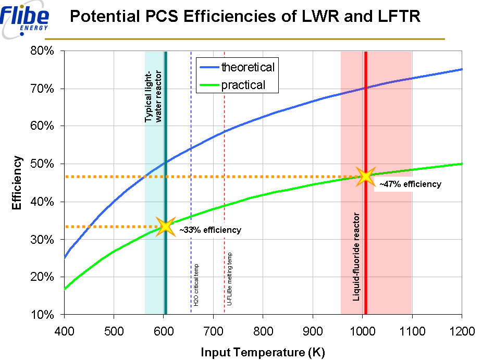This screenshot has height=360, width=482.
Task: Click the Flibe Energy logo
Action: pyautogui.click(x=26, y=20)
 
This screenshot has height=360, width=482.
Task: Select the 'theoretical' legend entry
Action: pyautogui.click(x=248, y=67)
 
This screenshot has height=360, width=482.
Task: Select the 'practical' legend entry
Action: pyautogui.click(x=243, y=84)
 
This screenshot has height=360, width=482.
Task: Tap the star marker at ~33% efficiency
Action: pyautogui.click(x=166, y=227)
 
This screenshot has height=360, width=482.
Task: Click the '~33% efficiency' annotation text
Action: pyautogui.click(x=210, y=230)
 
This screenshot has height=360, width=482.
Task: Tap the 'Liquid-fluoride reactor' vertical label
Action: pyautogui.click(x=357, y=256)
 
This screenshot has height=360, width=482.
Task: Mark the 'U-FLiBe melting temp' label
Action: pyautogui.click(x=230, y=279)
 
